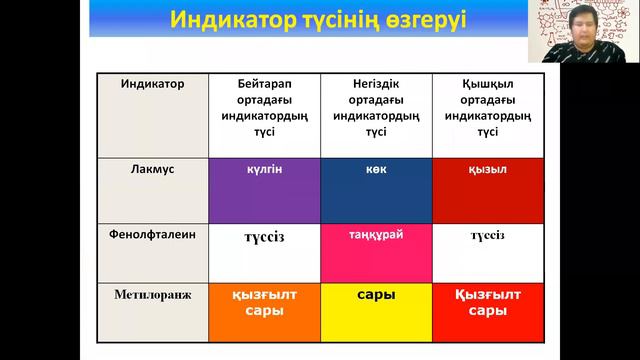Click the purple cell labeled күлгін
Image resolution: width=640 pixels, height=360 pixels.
pyautogui.click(x=264, y=190)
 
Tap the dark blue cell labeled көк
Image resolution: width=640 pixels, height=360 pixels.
pyautogui.click(x=376, y=190)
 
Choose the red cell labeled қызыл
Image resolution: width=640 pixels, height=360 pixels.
pyautogui.click(x=488, y=190)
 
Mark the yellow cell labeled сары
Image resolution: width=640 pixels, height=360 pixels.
pyautogui.click(x=376, y=312)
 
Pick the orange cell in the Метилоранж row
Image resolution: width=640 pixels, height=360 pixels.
pyautogui.click(x=264, y=312)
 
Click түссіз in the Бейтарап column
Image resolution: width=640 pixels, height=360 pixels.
pyautogui.click(x=264, y=237)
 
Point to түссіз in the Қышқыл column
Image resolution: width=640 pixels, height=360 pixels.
pyautogui.click(x=488, y=236)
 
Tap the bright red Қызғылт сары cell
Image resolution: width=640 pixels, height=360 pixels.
pyautogui.click(x=488, y=312)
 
